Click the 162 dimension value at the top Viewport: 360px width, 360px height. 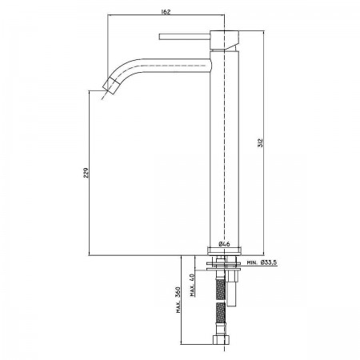[x=166, y=12]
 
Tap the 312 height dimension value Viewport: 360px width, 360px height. [x=261, y=143]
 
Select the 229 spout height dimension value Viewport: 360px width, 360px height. [x=86, y=173]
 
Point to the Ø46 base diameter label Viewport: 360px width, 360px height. [x=224, y=244]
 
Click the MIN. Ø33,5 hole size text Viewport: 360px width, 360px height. [x=262, y=262]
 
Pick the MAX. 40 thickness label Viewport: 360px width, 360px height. [x=192, y=285]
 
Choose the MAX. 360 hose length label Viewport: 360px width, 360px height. [x=178, y=300]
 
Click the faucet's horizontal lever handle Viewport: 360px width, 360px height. [x=185, y=37]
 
